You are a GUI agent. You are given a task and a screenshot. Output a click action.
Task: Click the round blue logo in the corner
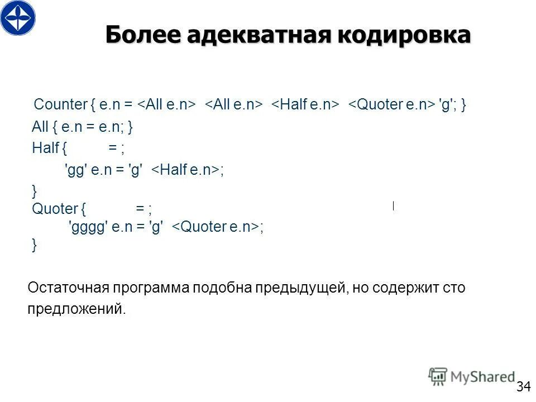(x=18, y=18)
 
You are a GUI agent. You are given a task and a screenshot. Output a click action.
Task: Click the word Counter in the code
(x=61, y=104)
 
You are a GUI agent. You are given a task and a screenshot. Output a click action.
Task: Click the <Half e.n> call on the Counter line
(x=305, y=104)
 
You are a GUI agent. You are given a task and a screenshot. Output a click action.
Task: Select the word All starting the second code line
(x=40, y=127)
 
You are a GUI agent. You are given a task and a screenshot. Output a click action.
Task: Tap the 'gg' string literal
(x=75, y=171)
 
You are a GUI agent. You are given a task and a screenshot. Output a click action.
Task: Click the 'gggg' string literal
(x=87, y=227)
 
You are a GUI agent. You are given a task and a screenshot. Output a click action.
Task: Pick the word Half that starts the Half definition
(x=45, y=148)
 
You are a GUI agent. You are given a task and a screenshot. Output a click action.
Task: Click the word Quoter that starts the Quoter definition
(x=55, y=209)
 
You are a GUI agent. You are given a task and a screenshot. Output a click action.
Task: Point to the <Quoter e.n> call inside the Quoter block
(x=215, y=227)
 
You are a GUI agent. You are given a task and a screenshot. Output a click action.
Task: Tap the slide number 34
(x=523, y=386)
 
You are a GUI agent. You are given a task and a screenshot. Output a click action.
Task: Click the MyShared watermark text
(x=482, y=377)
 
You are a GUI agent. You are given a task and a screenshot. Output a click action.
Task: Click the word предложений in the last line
(x=76, y=309)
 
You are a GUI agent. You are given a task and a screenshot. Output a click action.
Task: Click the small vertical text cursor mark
(x=394, y=205)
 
